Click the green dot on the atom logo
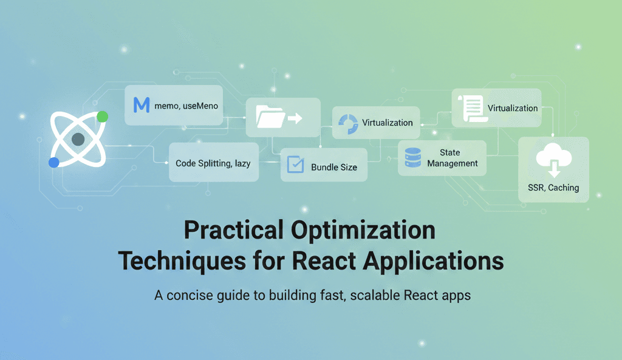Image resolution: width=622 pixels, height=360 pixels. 102,117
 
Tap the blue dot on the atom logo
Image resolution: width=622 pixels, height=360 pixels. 54,162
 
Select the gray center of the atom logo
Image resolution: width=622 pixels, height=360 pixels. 78,140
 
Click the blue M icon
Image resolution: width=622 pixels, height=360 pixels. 141,105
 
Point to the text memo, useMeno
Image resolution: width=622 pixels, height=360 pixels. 186,106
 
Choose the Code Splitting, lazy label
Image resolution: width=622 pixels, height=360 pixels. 213,163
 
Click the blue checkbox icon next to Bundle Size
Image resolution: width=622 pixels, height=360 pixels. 295,165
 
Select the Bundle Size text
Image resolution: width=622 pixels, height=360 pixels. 334,167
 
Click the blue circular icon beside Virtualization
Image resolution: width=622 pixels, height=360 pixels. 348,123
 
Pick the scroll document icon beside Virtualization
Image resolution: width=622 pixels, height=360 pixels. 471,108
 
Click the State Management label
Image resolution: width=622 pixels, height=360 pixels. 452,158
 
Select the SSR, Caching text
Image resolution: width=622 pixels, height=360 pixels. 553,188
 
